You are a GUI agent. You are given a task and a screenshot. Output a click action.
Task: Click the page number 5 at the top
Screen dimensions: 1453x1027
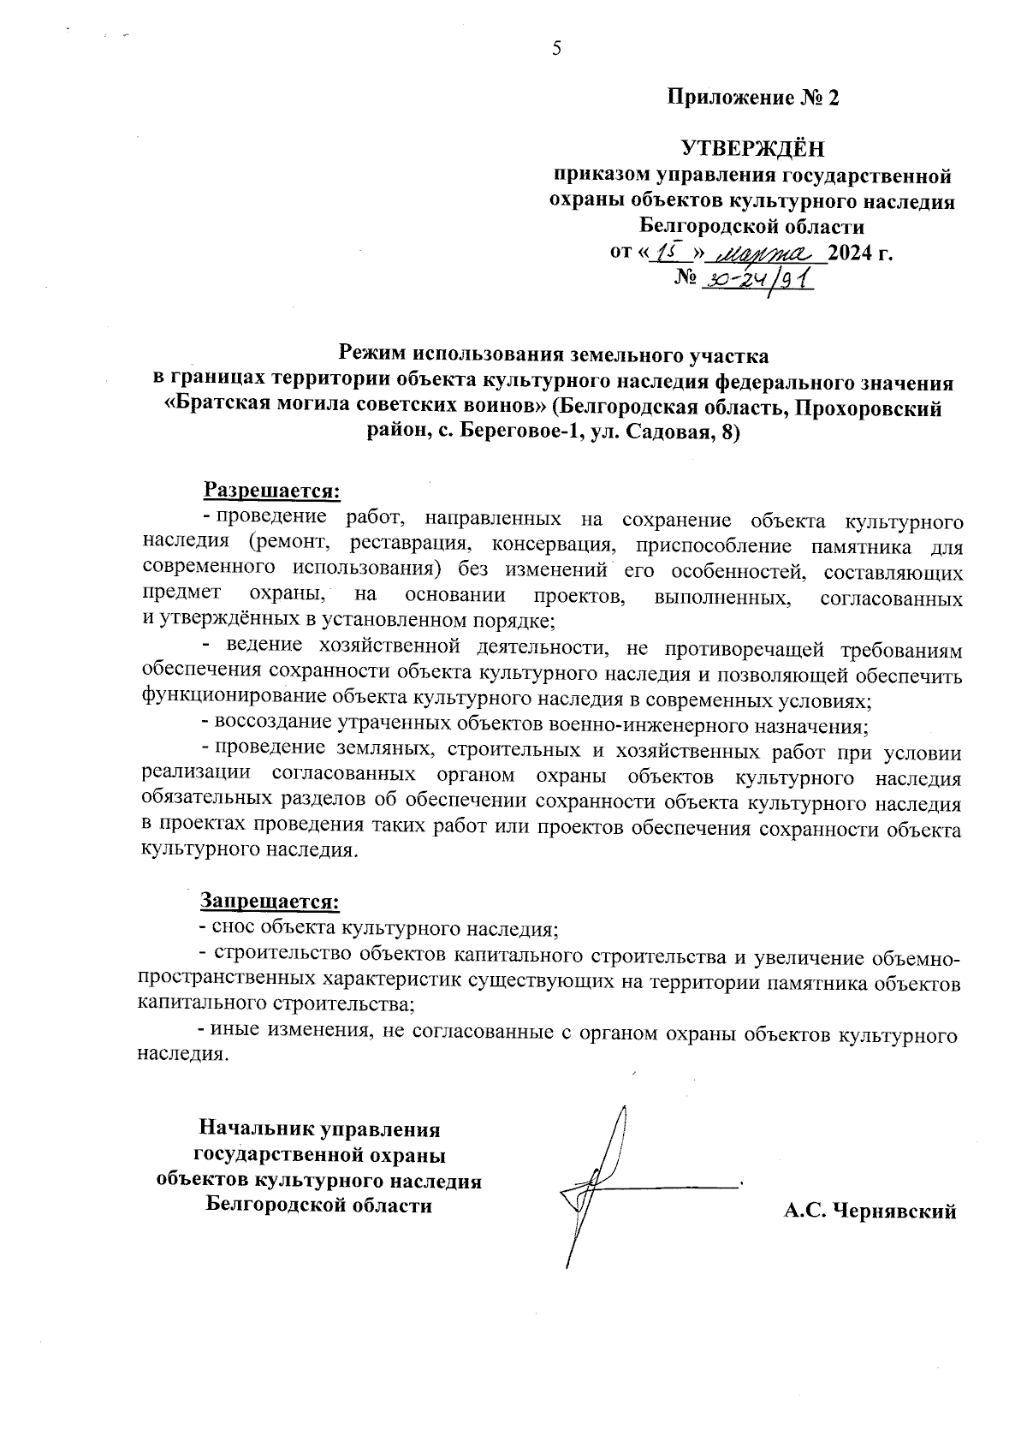556,49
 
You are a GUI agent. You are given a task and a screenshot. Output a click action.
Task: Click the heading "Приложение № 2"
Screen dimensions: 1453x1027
753,98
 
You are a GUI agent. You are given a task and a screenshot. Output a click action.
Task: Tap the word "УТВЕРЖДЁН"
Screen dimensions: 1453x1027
752,150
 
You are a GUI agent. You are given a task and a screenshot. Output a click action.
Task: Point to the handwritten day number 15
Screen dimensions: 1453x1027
667,252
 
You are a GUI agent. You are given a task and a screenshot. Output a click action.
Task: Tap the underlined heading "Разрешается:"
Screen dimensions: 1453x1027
271,491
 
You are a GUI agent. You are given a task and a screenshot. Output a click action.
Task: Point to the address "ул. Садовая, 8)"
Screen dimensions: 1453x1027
674,432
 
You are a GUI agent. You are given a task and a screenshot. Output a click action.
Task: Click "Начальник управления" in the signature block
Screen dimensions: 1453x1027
320,1129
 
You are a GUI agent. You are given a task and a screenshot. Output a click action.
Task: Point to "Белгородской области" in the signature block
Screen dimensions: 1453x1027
320,1206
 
